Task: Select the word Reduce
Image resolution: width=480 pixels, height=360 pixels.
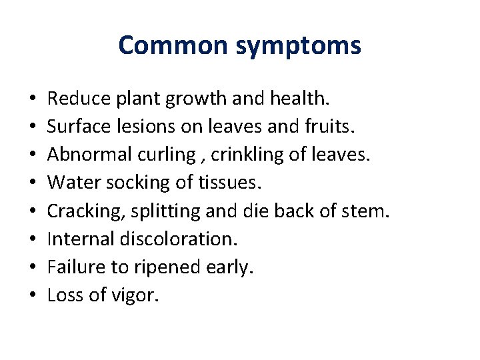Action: pyautogui.click(x=78, y=99)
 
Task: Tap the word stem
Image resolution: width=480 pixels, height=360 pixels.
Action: pyautogui.click(x=369, y=211)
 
